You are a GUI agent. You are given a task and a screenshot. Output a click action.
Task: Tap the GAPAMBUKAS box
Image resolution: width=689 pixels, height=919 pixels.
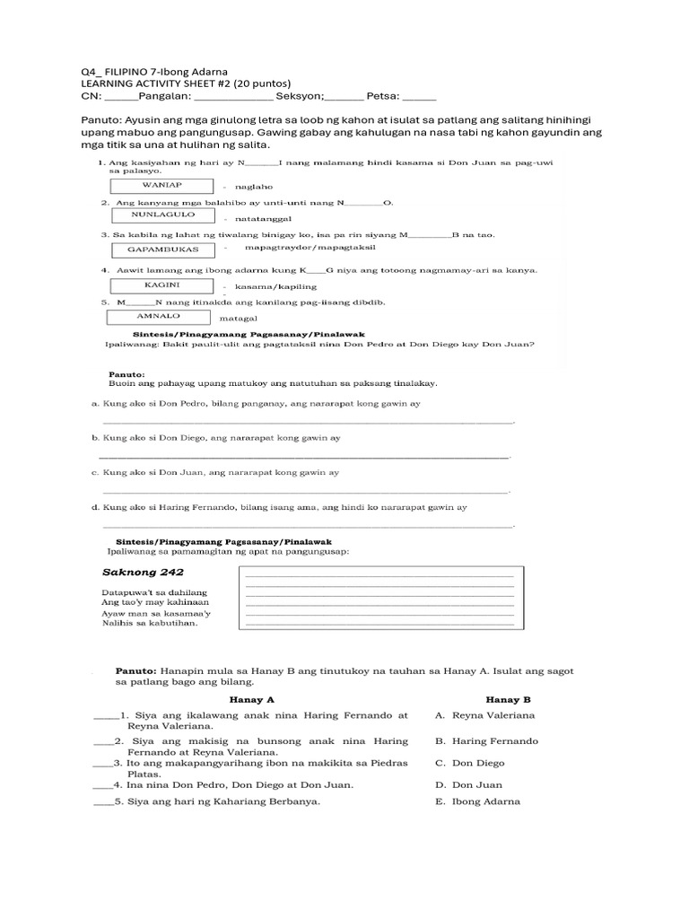tap(164, 249)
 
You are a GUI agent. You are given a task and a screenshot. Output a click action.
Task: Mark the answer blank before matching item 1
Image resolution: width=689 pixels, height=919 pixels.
tap(104, 716)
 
